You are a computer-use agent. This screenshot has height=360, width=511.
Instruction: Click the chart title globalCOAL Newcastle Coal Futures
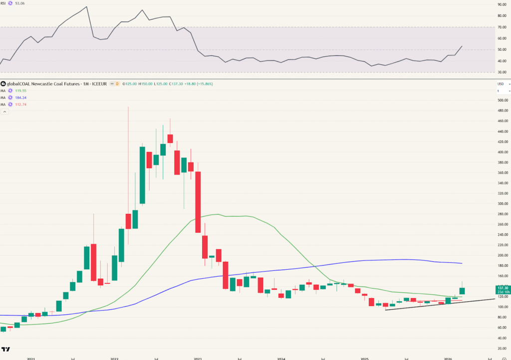42,84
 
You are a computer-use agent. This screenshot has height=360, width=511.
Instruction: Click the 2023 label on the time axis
198,358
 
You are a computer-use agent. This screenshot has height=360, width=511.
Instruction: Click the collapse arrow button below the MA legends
4,112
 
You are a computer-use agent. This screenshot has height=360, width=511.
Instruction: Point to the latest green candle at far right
462,291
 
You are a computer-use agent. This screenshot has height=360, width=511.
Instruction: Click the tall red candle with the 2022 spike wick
128,221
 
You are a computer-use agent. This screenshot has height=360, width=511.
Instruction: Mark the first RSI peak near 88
87,6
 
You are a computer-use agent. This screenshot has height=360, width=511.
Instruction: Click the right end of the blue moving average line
461,263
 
